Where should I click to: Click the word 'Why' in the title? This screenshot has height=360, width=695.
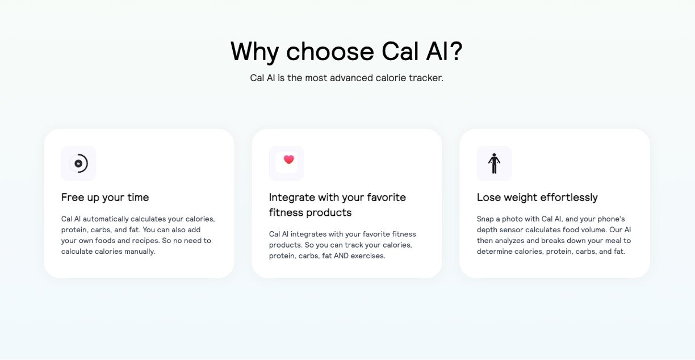[x=255, y=53]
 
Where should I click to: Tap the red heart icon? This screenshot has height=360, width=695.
[x=289, y=160]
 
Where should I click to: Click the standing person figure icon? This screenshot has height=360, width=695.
[x=494, y=163]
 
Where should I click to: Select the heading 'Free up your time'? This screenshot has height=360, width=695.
[x=105, y=198]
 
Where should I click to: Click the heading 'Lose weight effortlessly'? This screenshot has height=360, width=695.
[x=537, y=198]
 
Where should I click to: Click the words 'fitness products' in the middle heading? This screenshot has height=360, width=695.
[x=310, y=212]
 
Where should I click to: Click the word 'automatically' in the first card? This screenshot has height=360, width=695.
[x=106, y=219]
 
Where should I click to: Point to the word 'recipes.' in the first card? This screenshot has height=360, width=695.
[x=145, y=241]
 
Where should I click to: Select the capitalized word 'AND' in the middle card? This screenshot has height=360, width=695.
[x=341, y=256]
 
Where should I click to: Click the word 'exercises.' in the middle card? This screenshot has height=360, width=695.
[x=368, y=256]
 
